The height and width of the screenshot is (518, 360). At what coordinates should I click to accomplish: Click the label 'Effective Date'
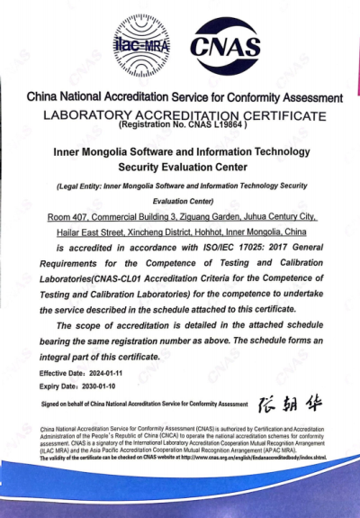pyautogui.click(x=57, y=372)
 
